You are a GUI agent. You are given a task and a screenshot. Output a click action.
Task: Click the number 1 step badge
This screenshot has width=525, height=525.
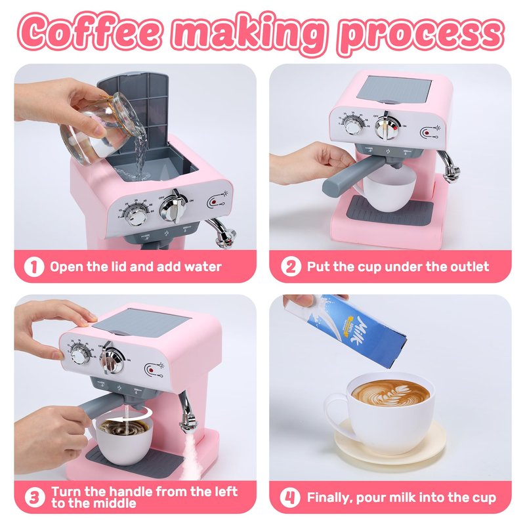34,267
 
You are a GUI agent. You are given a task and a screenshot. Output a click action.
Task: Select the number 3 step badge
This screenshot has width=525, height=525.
35,497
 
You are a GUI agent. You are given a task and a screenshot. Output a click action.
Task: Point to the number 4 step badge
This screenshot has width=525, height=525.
290,497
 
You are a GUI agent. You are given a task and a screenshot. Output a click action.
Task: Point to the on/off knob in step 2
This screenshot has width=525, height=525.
387,127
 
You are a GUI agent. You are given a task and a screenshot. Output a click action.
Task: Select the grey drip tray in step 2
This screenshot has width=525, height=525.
389,211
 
